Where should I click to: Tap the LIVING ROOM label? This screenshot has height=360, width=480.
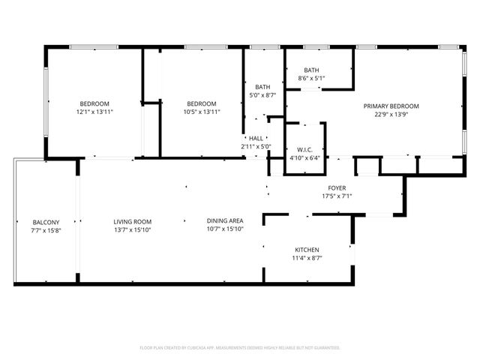pyautogui.click(x=133, y=221)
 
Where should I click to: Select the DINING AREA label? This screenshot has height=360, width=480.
pyautogui.click(x=225, y=220)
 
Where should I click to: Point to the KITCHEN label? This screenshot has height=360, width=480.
pyautogui.click(x=307, y=250)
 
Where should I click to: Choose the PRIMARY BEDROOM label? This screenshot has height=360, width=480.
pyautogui.click(x=391, y=106)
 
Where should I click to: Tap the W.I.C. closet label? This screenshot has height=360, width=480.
pyautogui.click(x=304, y=148)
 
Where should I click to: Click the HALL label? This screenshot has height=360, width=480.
pyautogui.click(x=256, y=138)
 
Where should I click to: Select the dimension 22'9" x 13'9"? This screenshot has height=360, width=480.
pyautogui.click(x=391, y=115)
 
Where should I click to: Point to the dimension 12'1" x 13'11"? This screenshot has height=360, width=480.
pyautogui.click(x=94, y=112)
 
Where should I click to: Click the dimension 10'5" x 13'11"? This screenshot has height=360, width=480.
pyautogui.click(x=201, y=112)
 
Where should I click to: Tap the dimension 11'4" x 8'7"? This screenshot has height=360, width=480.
pyautogui.click(x=307, y=259)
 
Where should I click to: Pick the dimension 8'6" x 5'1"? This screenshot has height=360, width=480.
pyautogui.click(x=311, y=78)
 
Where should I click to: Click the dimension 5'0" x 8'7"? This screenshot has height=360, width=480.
pyautogui.click(x=262, y=95)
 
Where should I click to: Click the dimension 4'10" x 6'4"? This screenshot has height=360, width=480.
pyautogui.click(x=304, y=157)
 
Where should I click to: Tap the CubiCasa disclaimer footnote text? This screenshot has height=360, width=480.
pyautogui.click(x=240, y=348)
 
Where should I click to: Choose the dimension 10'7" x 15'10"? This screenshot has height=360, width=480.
pyautogui.click(x=225, y=229)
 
